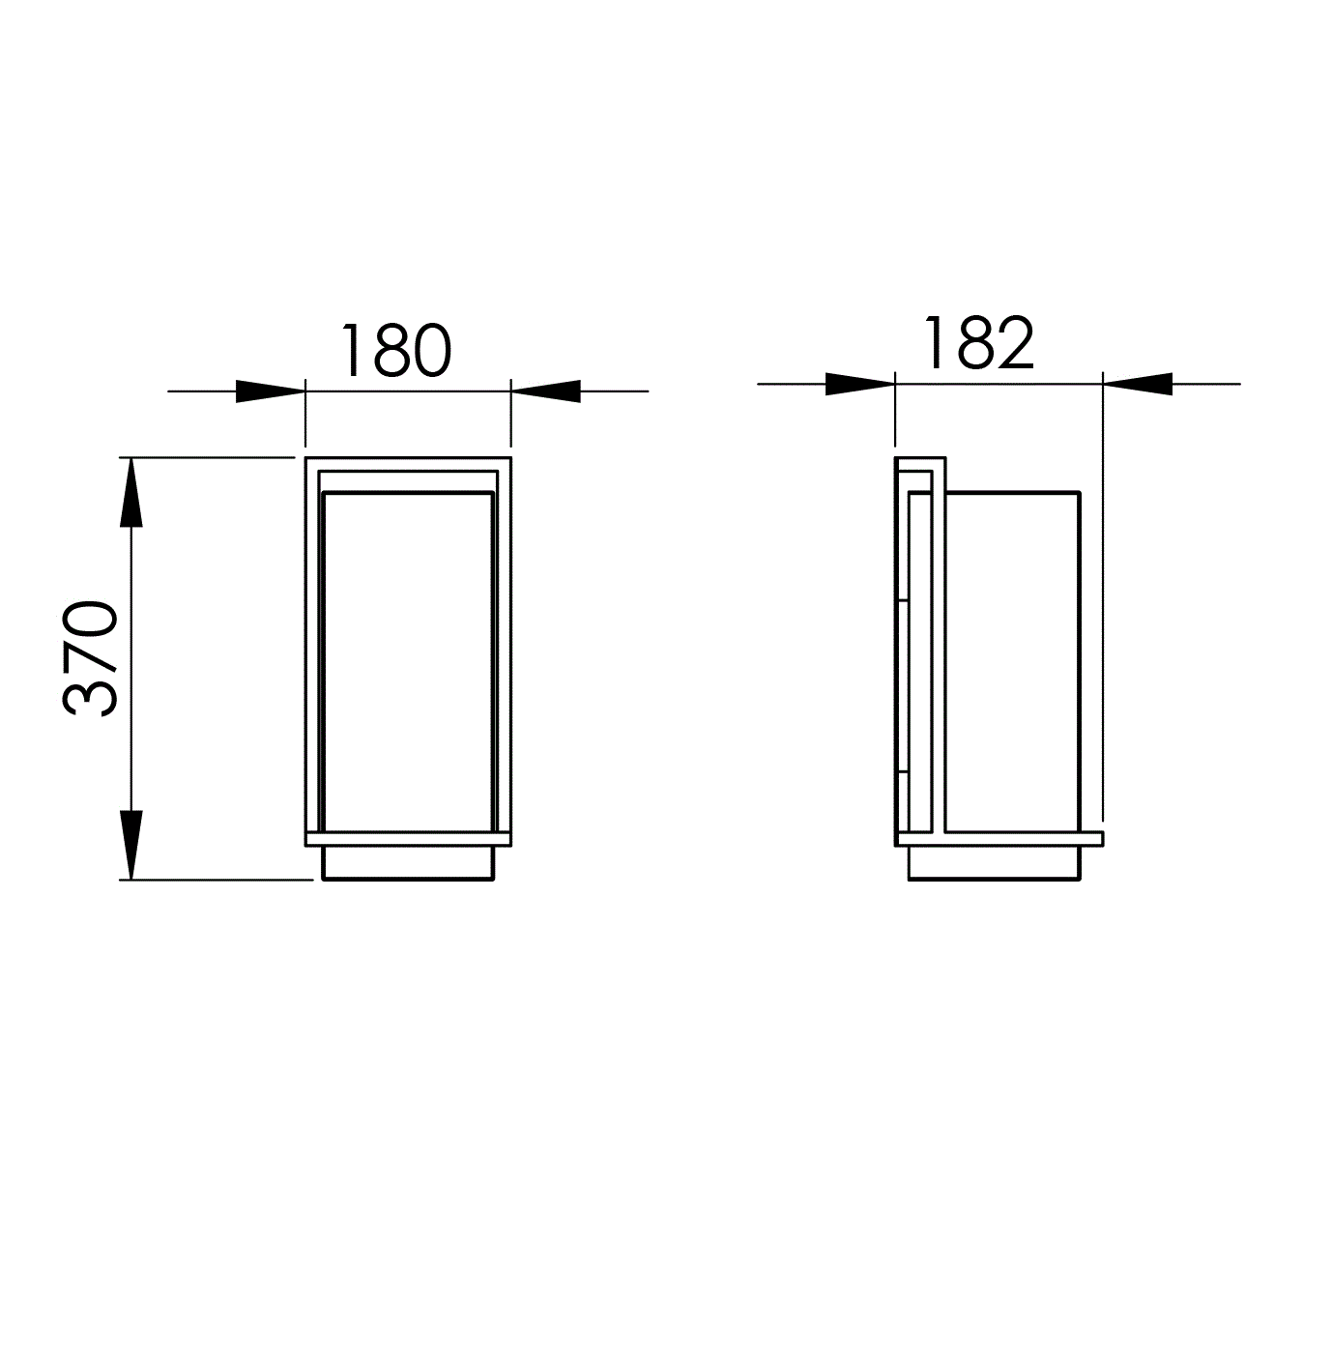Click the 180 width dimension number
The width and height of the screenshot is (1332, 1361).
click(395, 350)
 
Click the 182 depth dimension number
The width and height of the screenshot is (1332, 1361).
click(979, 342)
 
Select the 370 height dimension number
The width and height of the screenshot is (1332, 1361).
click(90, 658)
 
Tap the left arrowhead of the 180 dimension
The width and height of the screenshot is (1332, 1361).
click(270, 391)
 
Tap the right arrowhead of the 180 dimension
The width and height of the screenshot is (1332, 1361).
click(545, 391)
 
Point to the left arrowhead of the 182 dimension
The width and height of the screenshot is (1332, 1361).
click(860, 384)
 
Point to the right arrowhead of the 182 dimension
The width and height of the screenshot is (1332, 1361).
click(1138, 384)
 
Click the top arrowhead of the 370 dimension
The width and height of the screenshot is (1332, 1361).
click(131, 492)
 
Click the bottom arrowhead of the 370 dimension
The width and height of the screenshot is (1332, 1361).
click(131, 845)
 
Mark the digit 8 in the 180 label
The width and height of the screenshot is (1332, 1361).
click(391, 350)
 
